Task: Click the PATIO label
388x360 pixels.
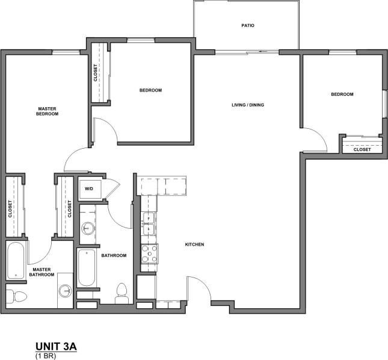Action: tap(248, 26)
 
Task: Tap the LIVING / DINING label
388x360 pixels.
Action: tap(248, 105)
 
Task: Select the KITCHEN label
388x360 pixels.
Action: tap(195, 244)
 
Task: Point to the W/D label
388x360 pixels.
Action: tap(89, 189)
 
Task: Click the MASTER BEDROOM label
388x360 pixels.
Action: tap(47, 111)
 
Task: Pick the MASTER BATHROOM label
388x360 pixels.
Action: tap(42, 272)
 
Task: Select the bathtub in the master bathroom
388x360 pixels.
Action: tap(16, 262)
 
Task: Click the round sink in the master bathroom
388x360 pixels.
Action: tap(66, 291)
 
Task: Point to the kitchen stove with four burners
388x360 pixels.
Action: tap(149, 253)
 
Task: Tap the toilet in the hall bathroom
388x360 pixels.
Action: tap(122, 291)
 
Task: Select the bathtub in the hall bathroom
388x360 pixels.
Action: tap(86, 267)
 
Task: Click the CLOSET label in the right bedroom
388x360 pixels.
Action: tap(362, 149)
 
